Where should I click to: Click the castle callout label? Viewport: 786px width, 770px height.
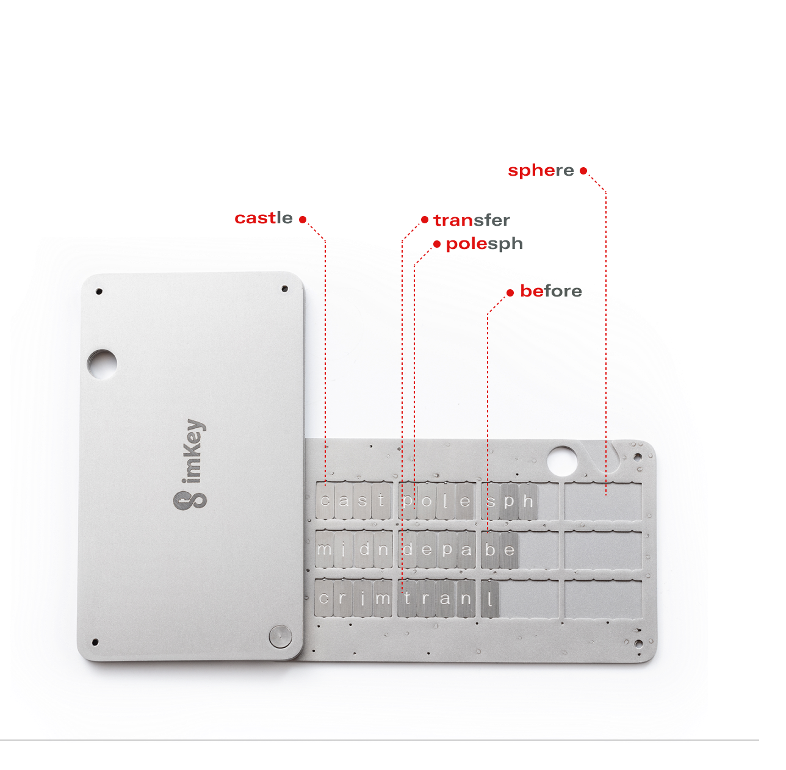click(x=264, y=218)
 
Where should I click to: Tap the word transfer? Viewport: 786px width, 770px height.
click(x=472, y=220)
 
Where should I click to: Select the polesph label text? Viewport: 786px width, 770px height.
click(x=484, y=244)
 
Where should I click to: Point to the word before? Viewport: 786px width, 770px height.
click(x=550, y=291)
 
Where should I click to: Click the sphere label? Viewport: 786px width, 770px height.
click(x=541, y=170)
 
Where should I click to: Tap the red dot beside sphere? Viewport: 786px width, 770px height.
click(x=583, y=170)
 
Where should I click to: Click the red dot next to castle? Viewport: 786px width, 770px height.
click(x=303, y=220)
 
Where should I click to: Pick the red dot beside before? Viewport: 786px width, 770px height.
click(x=510, y=293)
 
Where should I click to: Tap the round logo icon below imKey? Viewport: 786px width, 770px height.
click(x=190, y=500)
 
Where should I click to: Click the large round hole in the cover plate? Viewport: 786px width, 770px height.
click(x=103, y=364)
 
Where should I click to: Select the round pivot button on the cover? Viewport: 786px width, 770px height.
click(x=281, y=636)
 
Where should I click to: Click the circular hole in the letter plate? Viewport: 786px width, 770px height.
click(x=562, y=461)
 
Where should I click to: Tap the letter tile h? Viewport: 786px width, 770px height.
click(x=528, y=502)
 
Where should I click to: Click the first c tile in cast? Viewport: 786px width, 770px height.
click(x=325, y=501)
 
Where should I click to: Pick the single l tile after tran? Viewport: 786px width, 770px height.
click(x=490, y=599)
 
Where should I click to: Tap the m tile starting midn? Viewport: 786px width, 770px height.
click(x=325, y=549)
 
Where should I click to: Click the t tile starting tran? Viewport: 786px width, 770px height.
click(x=407, y=599)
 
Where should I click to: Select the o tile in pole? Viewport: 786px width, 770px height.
click(x=427, y=502)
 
